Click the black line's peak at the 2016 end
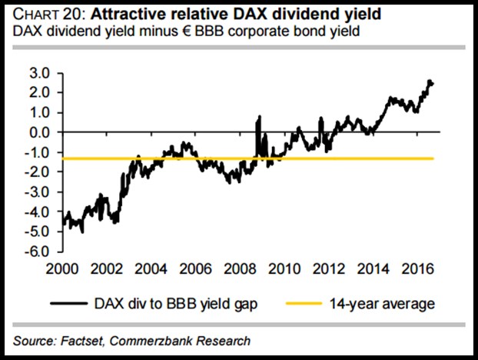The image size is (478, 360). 429,81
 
